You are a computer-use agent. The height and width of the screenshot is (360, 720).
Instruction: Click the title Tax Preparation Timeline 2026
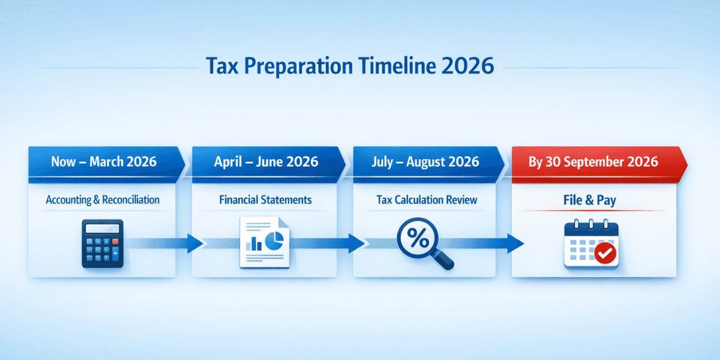(x=350, y=65)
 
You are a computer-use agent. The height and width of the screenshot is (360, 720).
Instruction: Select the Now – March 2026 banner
(x=104, y=161)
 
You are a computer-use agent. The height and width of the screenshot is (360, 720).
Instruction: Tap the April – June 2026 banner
(x=266, y=161)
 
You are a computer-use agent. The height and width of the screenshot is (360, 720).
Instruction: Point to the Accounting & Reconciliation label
(x=103, y=200)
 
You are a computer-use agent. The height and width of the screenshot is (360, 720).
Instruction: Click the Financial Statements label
(x=266, y=200)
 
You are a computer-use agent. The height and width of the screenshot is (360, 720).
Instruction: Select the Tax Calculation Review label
(x=427, y=200)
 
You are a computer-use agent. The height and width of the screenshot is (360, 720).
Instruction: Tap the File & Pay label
(x=590, y=200)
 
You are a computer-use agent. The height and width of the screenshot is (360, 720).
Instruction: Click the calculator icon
(x=102, y=243)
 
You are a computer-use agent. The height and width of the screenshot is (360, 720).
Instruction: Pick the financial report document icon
(x=264, y=242)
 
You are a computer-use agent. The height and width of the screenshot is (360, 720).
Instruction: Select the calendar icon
(x=591, y=244)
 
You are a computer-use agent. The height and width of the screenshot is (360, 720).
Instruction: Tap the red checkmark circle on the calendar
(x=606, y=254)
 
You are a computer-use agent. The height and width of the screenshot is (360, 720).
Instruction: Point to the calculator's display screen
(x=102, y=229)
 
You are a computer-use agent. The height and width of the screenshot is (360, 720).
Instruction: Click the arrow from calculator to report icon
(x=174, y=244)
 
